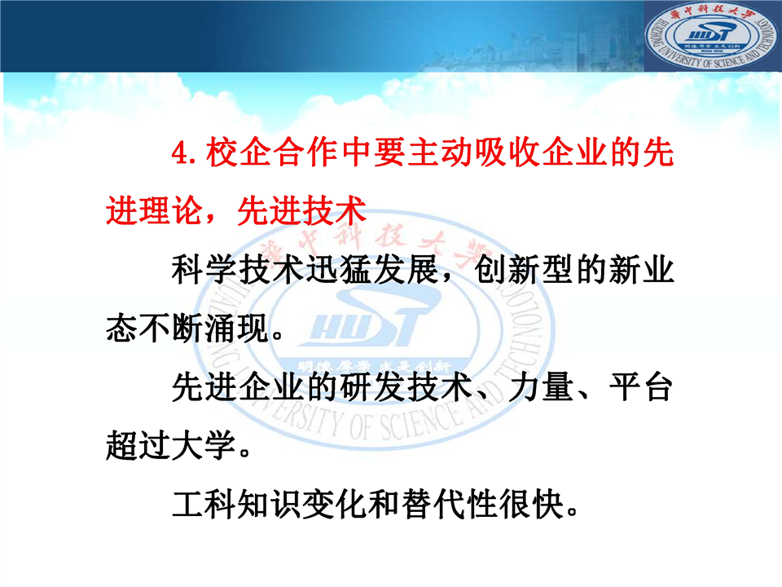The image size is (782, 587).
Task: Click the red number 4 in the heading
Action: click(180, 152)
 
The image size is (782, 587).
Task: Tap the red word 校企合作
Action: click(272, 152)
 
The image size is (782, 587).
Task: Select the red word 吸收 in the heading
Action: click(507, 152)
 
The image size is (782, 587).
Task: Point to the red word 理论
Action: click(171, 210)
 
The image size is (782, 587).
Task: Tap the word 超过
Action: click(138, 445)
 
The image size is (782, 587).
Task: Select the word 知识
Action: click(270, 504)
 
